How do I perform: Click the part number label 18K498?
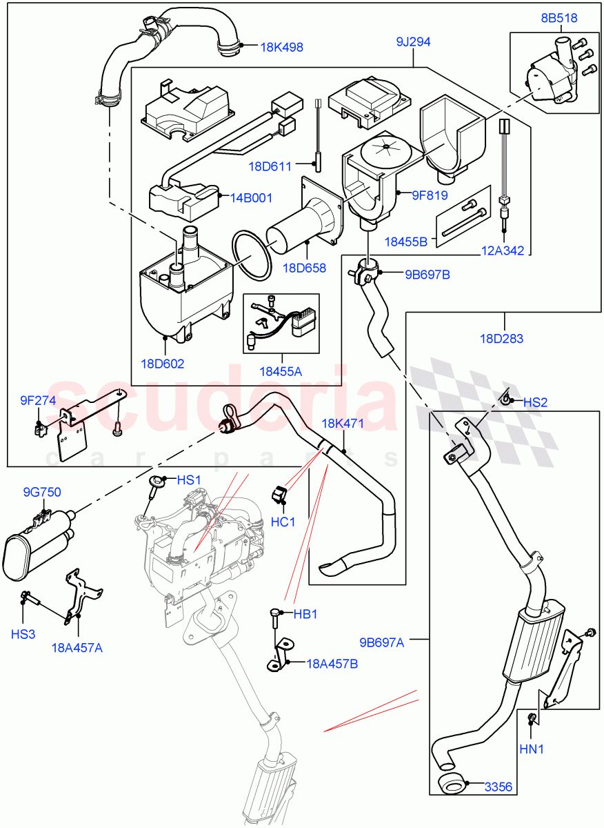[x=281, y=48]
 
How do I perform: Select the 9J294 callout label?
[x=413, y=42]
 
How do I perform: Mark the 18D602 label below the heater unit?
[x=163, y=364]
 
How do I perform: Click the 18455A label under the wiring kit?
[x=280, y=371]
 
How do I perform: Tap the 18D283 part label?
[x=501, y=339]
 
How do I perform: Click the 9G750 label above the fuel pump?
[x=42, y=492]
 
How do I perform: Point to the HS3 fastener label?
[x=23, y=633]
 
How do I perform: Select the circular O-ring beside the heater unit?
[x=252, y=255]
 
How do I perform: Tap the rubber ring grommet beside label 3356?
[x=451, y=785]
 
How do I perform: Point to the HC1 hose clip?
[x=279, y=495]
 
